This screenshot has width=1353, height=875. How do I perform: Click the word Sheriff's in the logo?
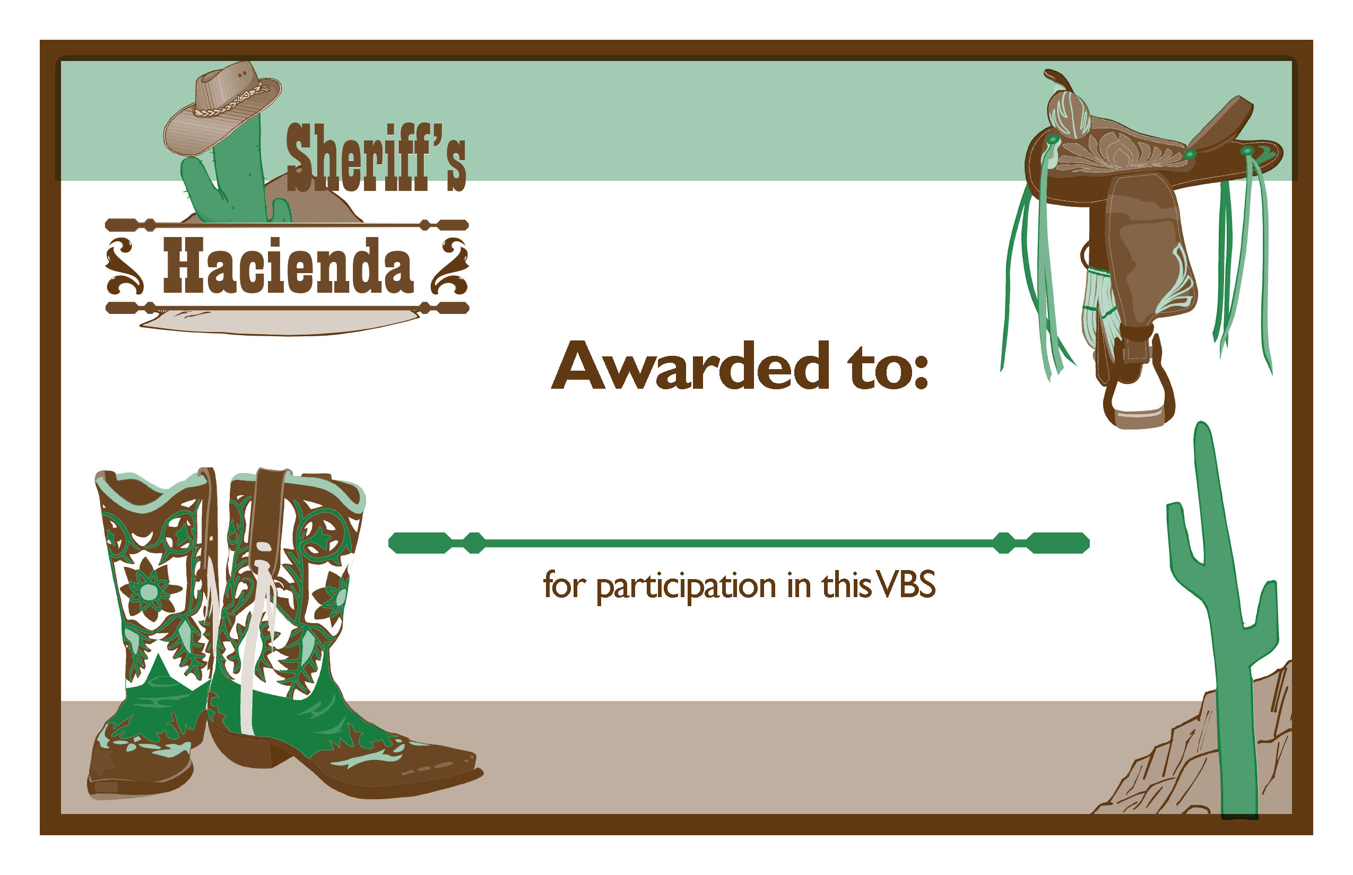click(x=376, y=157)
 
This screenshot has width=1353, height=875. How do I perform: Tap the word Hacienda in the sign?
click(x=288, y=265)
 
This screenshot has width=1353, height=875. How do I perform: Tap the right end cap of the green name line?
click(x=1058, y=542)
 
